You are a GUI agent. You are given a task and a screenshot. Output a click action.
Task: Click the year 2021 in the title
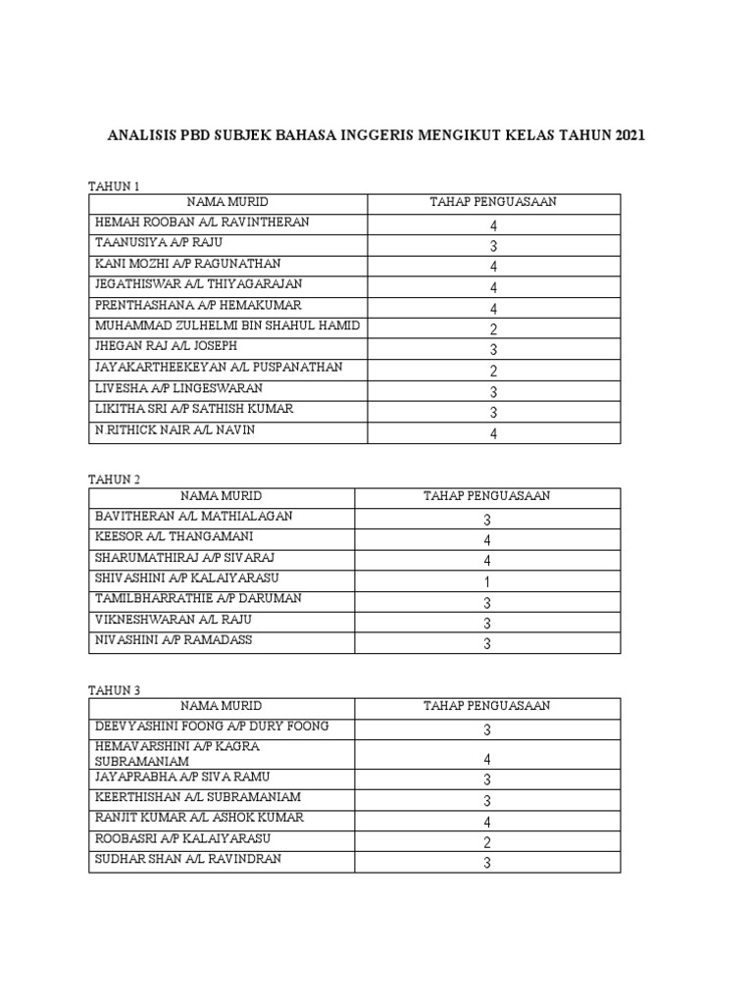[630, 135]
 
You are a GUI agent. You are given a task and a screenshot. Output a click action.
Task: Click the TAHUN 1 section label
[115, 185]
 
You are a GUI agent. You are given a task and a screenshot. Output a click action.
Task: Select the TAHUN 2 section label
[115, 479]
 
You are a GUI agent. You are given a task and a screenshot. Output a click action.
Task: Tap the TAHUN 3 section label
[115, 690]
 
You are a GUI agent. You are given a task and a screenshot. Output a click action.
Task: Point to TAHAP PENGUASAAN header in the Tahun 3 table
[486, 706]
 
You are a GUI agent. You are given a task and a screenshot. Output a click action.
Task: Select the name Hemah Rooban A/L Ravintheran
[202, 223]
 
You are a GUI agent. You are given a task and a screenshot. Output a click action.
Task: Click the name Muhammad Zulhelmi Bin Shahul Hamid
[227, 326]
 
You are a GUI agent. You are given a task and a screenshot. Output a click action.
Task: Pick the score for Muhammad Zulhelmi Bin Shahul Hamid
[493, 329]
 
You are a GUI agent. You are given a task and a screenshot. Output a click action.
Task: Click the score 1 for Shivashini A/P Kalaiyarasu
[486, 581]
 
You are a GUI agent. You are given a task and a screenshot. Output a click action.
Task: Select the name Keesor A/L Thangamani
[174, 536]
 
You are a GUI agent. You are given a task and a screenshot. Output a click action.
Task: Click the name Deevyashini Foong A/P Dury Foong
[212, 727]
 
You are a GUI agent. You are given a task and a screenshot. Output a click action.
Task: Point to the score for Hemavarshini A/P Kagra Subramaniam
[486, 759]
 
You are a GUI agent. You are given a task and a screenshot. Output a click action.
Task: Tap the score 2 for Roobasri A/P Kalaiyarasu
[486, 842]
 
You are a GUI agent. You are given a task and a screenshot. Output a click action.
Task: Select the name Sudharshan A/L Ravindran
[188, 860]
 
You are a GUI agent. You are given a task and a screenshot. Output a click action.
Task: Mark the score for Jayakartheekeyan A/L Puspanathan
[493, 371]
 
